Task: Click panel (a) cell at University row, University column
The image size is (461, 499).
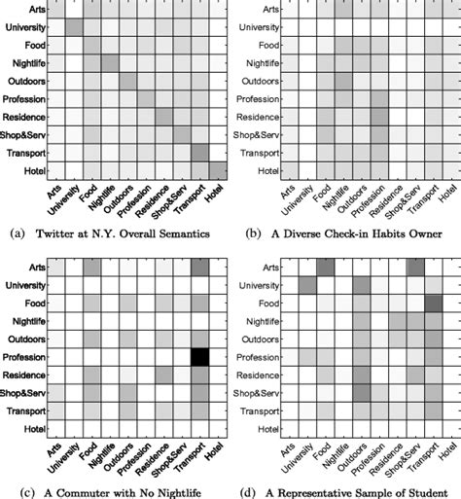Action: (x=75, y=26)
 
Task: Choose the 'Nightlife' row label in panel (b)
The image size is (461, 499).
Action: (x=260, y=62)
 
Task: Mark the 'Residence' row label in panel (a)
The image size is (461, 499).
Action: (x=28, y=117)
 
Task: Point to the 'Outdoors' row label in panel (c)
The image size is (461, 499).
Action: (x=28, y=339)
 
